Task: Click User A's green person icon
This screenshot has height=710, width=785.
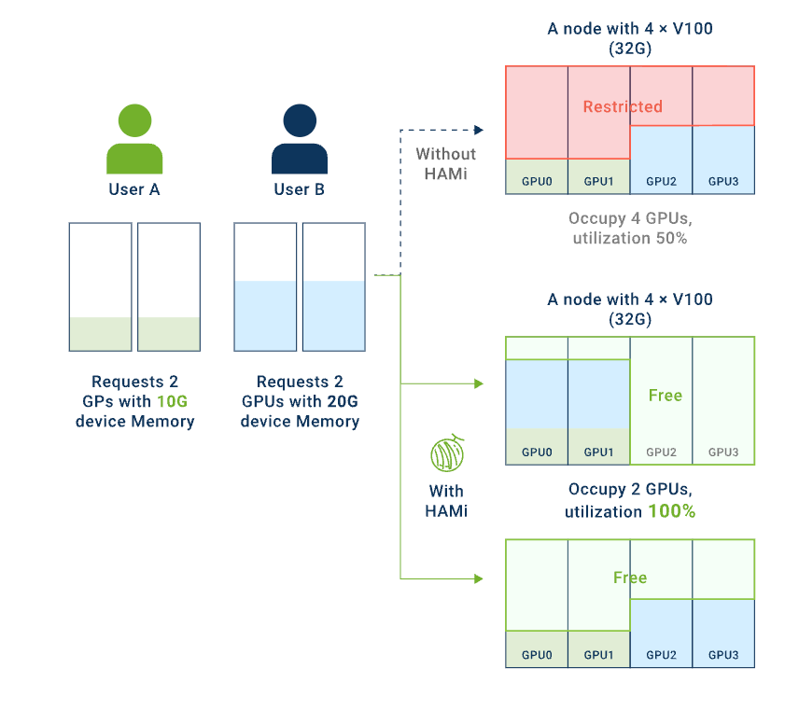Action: click(134, 139)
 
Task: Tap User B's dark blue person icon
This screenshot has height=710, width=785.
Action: click(299, 139)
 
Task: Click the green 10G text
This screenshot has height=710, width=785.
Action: click(172, 402)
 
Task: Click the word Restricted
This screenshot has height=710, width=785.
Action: click(623, 106)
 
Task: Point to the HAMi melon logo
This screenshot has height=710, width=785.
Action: click(446, 454)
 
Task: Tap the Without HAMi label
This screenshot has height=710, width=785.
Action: click(446, 164)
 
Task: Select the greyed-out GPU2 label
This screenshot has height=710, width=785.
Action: click(662, 452)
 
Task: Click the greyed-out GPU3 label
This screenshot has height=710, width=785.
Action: click(723, 452)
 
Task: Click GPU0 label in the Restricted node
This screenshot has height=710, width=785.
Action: click(537, 181)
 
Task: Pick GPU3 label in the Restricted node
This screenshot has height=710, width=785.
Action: click(723, 181)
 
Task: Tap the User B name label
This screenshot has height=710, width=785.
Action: click(299, 190)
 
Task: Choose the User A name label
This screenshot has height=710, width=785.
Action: click(134, 190)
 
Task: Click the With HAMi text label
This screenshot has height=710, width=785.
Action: click(446, 501)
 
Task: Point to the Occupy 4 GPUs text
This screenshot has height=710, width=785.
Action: click(630, 219)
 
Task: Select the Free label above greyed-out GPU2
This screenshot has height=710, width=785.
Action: click(666, 396)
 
